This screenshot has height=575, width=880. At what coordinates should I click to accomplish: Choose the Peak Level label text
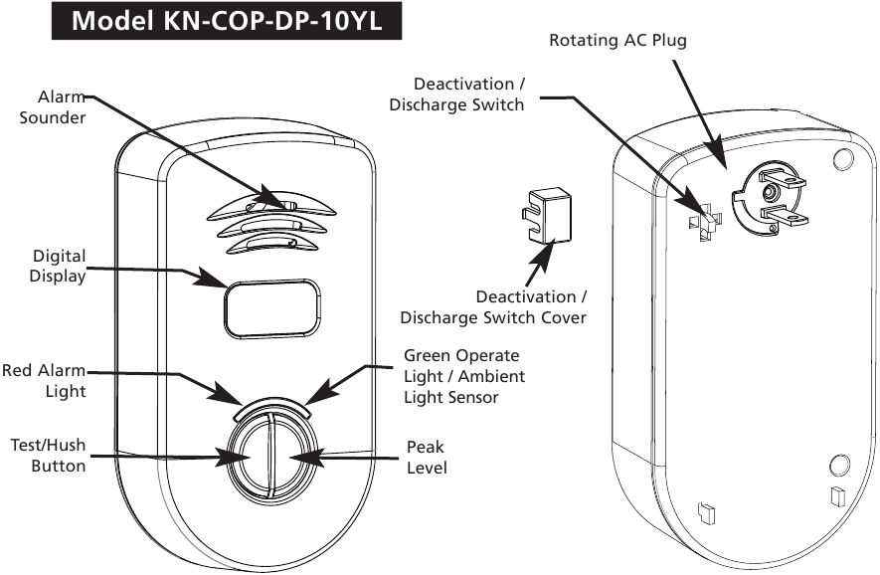(427, 457)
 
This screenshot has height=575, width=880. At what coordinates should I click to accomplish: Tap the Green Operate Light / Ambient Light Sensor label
(463, 376)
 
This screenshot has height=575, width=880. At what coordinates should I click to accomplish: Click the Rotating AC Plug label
(617, 41)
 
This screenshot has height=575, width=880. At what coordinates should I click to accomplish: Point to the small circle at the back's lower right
(838, 465)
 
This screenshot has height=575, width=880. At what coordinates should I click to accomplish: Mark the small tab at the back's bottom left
(707, 512)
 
